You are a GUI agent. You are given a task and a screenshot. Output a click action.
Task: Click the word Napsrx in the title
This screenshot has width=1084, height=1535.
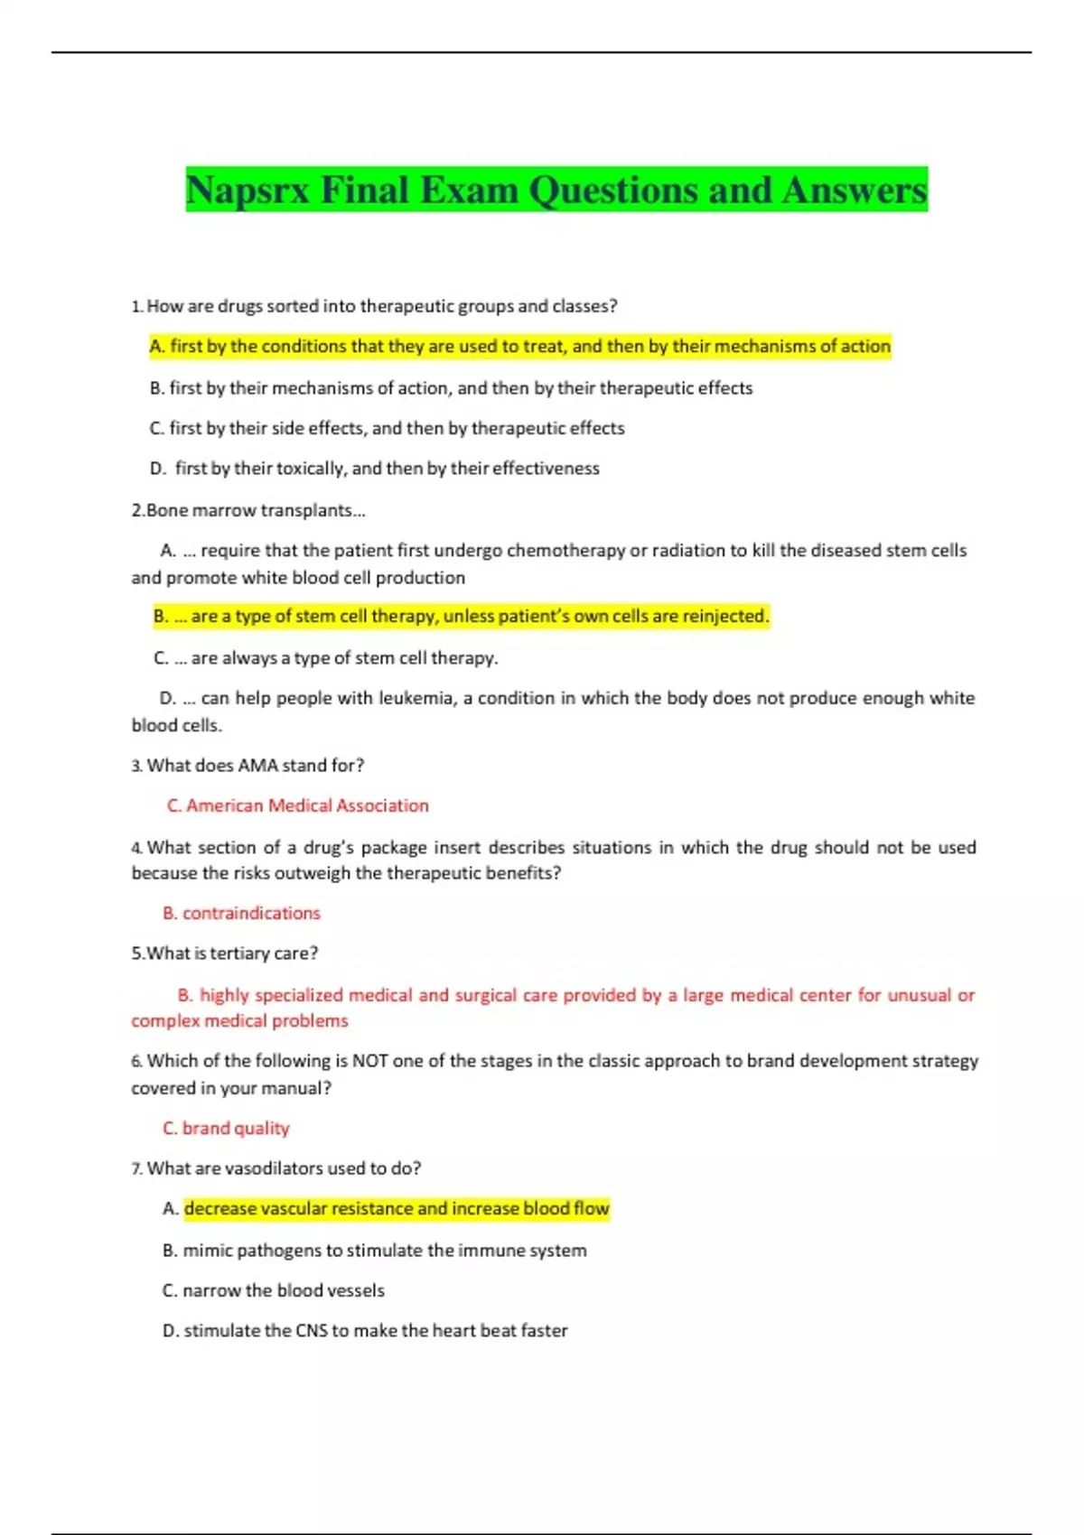(248, 191)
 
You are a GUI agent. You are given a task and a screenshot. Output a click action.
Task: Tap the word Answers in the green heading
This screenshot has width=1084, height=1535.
(855, 191)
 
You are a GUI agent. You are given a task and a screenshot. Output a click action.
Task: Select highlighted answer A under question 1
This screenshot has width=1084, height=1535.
(520, 347)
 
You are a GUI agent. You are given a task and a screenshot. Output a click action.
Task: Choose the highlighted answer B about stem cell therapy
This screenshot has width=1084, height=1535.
(462, 617)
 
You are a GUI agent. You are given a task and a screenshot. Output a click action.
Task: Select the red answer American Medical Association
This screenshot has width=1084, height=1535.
(298, 805)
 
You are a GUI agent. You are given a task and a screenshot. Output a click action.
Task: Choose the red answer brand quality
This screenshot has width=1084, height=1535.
(226, 1129)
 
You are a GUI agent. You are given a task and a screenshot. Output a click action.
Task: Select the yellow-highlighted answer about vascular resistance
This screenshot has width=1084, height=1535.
(397, 1209)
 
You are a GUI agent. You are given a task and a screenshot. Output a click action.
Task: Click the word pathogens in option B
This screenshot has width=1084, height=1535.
(276, 1251)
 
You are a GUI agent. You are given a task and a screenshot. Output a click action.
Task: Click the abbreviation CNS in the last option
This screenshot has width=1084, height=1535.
(312, 1331)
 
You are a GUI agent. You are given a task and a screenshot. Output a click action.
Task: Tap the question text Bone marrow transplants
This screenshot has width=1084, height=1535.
(248, 511)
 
